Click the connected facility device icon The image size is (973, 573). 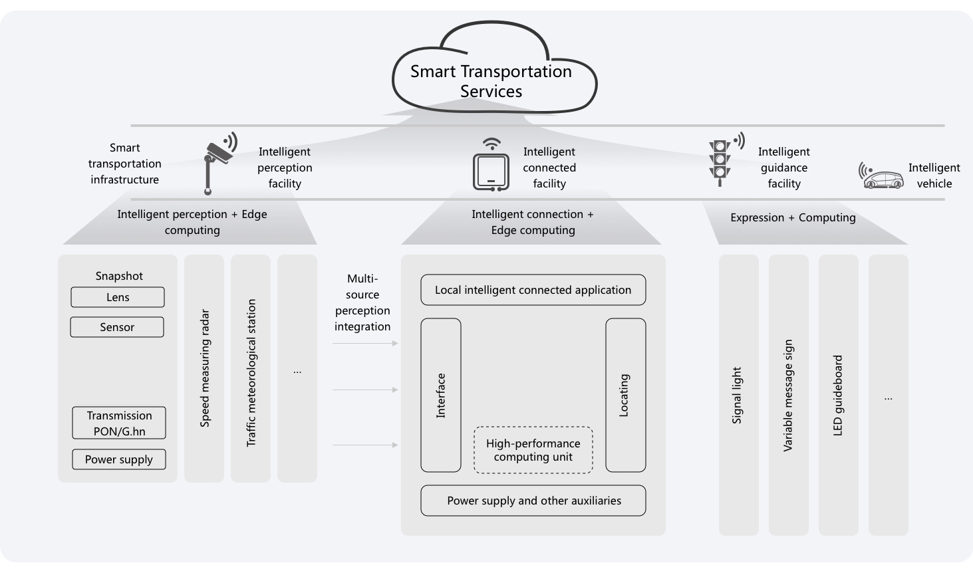pos(491,170)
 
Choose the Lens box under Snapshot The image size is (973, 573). pos(118,297)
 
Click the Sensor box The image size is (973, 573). pos(117,327)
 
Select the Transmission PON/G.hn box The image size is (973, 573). pos(119,423)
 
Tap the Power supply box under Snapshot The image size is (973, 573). pos(119,459)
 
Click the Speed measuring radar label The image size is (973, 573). pos(205,368)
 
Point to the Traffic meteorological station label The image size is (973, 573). pos(251,372)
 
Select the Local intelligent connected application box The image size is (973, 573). pos(533,290)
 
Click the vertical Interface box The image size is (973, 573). pos(441,396)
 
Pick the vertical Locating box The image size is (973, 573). pos(625,396)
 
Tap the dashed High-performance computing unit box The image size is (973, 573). pos(533,450)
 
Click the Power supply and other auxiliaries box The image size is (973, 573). pos(533,501)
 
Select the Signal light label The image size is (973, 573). pos(737,396)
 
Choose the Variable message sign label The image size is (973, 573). pos(788,396)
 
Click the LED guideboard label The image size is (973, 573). pos(838,396)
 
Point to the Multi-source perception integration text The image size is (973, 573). pos(362,302)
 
